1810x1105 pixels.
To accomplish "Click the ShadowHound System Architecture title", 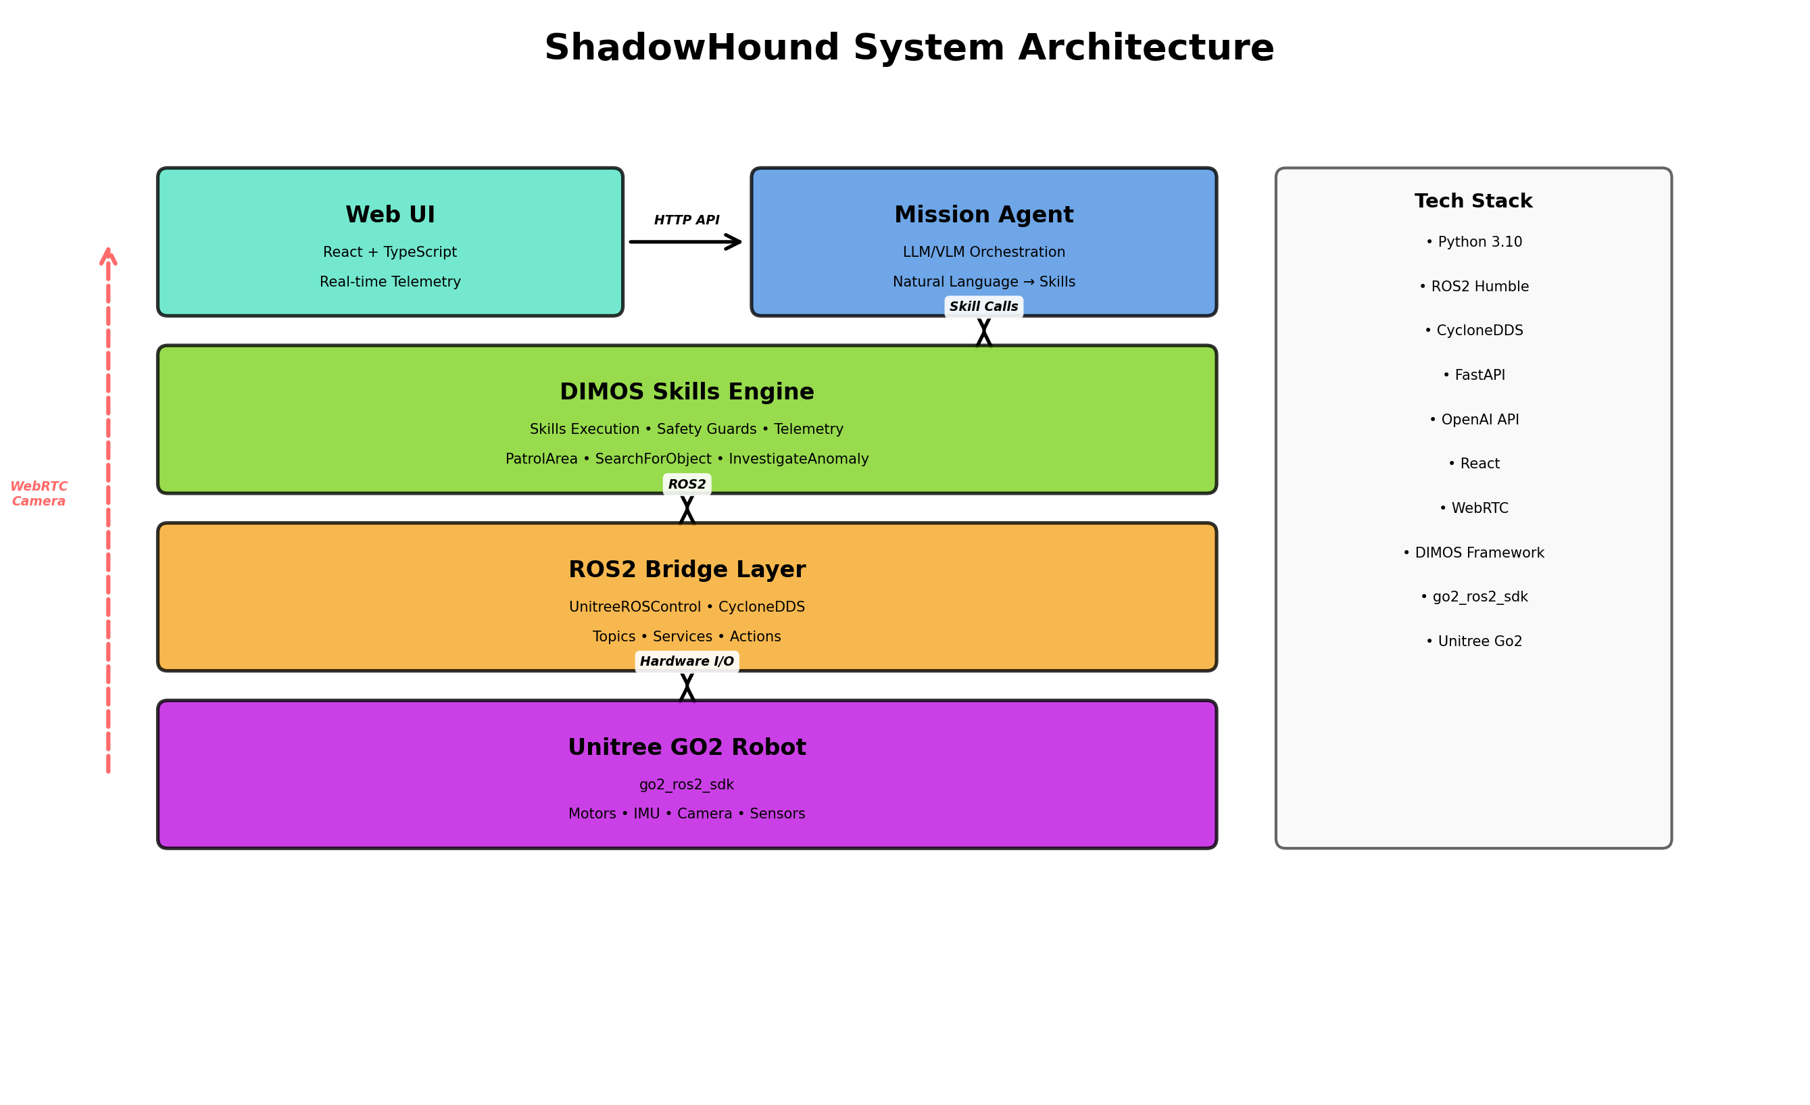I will click(x=908, y=49).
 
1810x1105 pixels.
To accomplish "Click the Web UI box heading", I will click(x=390, y=214).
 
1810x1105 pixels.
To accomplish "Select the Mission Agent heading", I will click(x=983, y=214).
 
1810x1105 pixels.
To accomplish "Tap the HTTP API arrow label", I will click(x=686, y=220).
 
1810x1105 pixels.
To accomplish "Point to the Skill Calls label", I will click(x=983, y=306).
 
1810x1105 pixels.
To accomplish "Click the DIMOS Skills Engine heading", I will click(x=687, y=391).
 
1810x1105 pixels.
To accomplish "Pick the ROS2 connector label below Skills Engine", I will click(x=687, y=484).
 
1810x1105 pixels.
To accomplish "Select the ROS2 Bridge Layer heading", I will click(x=687, y=570).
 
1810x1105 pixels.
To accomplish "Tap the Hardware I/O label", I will click(x=687, y=661).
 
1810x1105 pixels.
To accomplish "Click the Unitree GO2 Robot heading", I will click(x=687, y=747).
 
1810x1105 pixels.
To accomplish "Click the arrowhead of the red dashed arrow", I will click(x=108, y=255).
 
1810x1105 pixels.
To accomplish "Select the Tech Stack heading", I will click(x=1473, y=201).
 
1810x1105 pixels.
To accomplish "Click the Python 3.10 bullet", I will click(x=1473, y=243).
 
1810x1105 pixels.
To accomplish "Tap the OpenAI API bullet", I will click(x=1473, y=420).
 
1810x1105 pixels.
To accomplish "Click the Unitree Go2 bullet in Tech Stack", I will click(x=1473, y=641).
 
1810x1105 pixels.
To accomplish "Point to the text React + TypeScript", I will click(x=390, y=252).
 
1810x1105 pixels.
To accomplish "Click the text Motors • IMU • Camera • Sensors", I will click(x=687, y=813).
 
